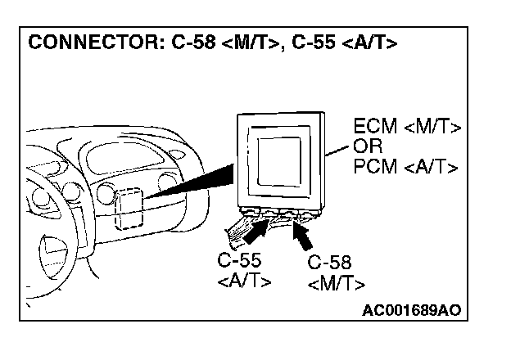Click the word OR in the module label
366,148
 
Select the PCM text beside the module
374,167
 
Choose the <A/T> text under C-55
244,281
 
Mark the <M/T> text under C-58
337,284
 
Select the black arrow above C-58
302,235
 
